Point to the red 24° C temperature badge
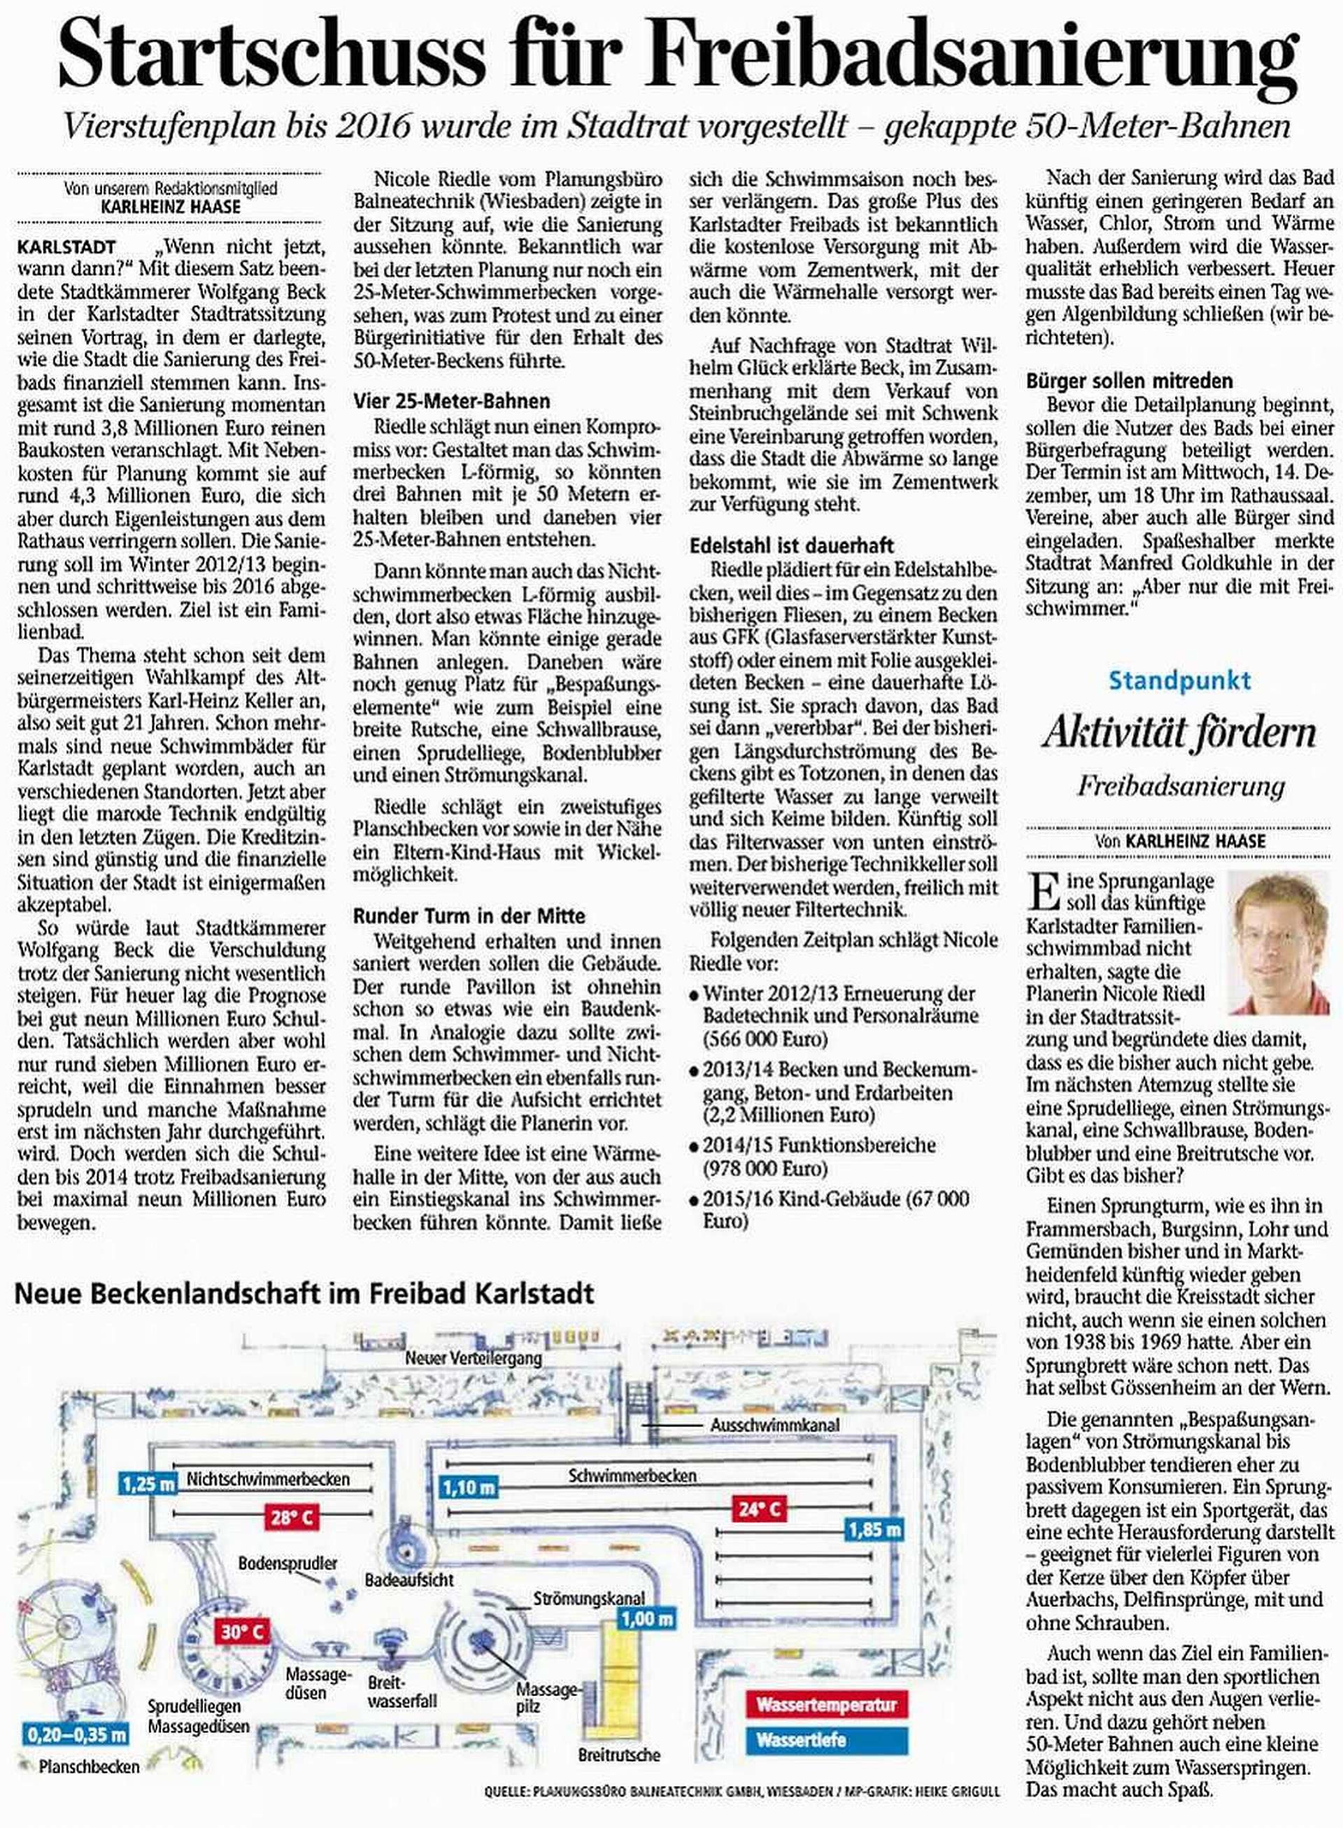760,1510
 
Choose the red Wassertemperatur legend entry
826,1704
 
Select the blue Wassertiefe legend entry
826,1741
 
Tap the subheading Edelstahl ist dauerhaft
791,544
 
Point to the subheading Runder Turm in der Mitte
469,916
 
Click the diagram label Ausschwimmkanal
774,1425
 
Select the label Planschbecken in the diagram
89,1766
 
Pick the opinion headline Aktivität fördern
1179,733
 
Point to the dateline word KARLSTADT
66,246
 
